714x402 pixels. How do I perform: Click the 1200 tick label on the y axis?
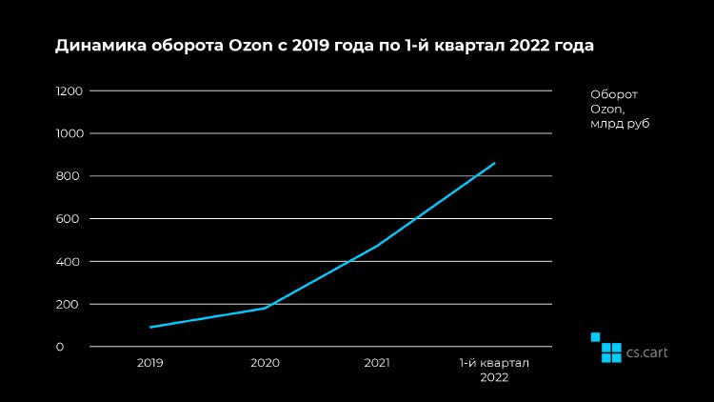coord(70,90)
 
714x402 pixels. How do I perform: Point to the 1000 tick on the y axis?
coord(70,133)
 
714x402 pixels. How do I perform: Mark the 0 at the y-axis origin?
coord(59,347)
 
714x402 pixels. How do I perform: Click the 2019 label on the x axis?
coord(150,363)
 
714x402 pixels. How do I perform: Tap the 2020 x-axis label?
coord(265,363)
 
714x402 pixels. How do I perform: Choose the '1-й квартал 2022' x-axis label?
coord(494,370)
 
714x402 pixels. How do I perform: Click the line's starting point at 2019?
coord(150,327)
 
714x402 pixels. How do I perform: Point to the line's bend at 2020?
coord(265,308)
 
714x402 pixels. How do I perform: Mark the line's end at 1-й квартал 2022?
coord(494,163)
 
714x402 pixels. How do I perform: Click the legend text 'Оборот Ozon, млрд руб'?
coord(619,109)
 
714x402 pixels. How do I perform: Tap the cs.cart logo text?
coord(647,352)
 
